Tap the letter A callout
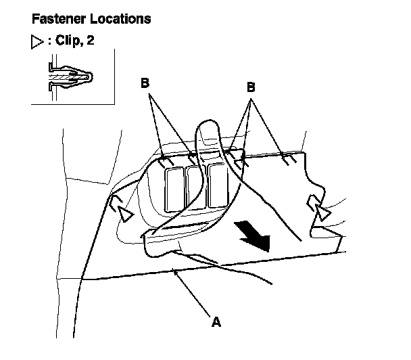[216, 322]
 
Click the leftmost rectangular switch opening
[174, 187]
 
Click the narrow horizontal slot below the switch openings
[197, 226]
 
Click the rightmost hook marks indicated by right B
[287, 158]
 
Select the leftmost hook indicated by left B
[164, 160]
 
